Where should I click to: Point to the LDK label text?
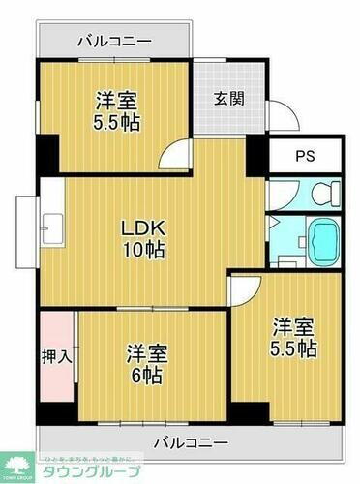coord(144,228)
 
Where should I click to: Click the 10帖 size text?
coord(144,251)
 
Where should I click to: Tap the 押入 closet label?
coord(56,356)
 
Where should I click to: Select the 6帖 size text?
coord(147,375)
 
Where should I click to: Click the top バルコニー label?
coord(113,42)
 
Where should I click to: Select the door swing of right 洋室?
coord(247,287)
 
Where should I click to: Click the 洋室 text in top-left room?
coord(117,99)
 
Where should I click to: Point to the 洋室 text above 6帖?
coord(147,353)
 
